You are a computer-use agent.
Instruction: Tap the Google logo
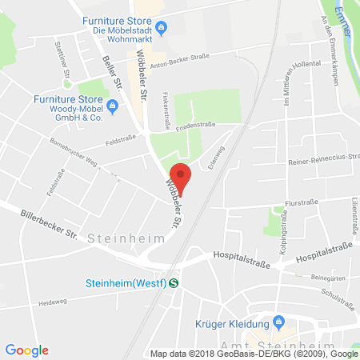coord(27,350)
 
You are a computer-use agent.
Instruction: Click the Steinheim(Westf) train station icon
coord(173,281)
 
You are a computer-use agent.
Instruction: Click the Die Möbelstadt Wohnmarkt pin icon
coord(161,30)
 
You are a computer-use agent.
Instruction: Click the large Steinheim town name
coord(126,238)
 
